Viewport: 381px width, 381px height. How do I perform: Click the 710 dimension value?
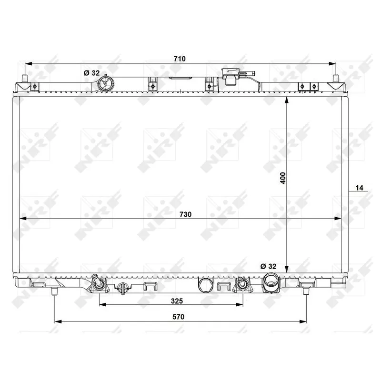coord(179,59)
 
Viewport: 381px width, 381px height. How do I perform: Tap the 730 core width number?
coord(185,215)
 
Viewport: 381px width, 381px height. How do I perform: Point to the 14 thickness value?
coord(360,188)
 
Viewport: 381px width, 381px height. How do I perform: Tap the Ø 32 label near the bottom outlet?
coord(268,266)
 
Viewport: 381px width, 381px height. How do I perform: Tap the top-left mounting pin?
coord(24,79)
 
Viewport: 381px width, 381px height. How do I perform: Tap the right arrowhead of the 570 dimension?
coord(304,322)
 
